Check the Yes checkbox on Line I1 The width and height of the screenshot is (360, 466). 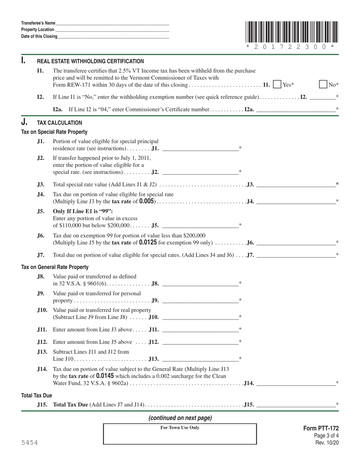tap(277, 84)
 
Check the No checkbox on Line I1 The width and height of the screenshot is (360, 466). tap(323, 84)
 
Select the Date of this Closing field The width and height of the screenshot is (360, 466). tap(113, 36)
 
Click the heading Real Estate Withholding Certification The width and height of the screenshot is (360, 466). tap(90, 61)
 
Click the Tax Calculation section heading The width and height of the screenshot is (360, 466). tap(59, 123)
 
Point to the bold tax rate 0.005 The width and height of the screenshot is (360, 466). tap(147, 201)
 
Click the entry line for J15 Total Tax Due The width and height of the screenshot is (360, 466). tap(296, 405)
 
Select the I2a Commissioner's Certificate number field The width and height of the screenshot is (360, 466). tap(296, 109)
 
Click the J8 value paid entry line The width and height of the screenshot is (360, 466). tap(200, 283)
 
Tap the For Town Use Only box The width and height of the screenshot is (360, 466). tap(180, 434)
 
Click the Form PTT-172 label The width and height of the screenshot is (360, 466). tap(321, 428)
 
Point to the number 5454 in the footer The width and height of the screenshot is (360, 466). tap(29, 443)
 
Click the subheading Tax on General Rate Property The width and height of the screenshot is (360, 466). tap(55, 267)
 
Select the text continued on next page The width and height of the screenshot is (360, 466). tap(180, 418)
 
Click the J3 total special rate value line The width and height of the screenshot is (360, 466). tap(296, 185)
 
